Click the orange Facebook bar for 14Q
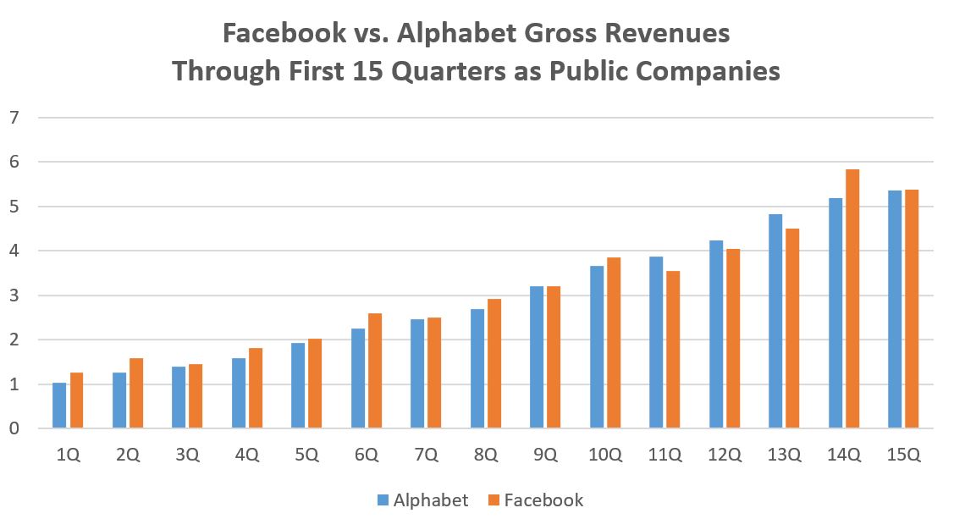pos(852,299)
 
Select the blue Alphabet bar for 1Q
pos(59,406)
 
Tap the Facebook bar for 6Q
pos(375,371)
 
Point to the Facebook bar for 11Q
pos(673,350)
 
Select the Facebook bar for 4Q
pos(256,389)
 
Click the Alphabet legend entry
pos(422,500)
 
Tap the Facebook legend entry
pos(535,500)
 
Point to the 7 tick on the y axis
pos(13,117)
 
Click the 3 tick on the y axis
pos(13,295)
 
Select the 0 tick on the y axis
pos(13,429)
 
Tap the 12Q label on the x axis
pos(724,454)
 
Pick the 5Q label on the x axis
pos(306,454)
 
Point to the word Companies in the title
pos(704,71)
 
